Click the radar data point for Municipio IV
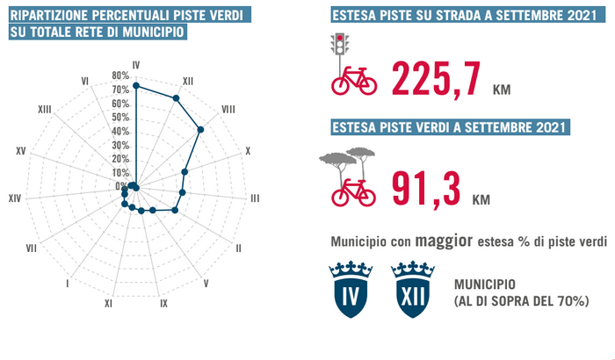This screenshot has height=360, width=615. (136, 85)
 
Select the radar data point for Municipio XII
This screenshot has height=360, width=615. (176, 97)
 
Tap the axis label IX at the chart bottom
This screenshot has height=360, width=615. (163, 304)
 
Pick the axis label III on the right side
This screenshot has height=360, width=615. (255, 198)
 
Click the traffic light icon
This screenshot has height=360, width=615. (337, 44)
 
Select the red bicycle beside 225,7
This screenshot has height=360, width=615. (353, 81)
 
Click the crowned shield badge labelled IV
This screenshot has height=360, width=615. (349, 289)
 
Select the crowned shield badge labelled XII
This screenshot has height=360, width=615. (410, 289)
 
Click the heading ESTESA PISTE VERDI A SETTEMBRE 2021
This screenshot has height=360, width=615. (451, 126)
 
